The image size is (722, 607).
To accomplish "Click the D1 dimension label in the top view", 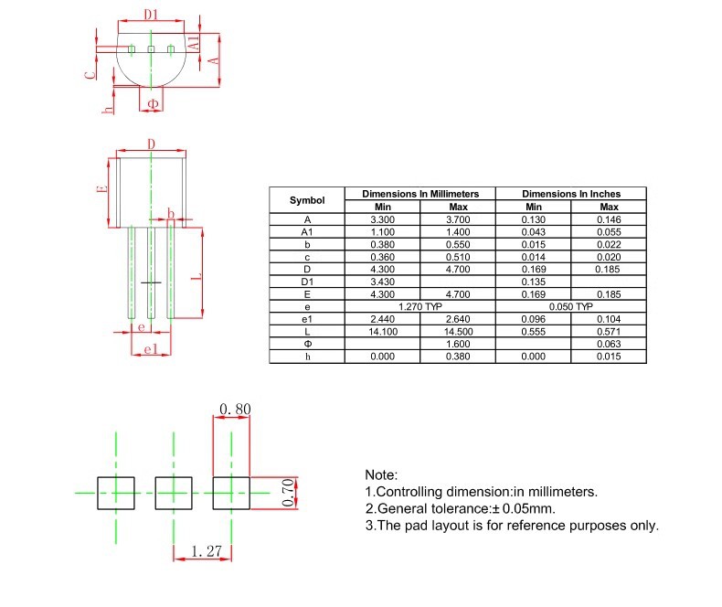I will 151,15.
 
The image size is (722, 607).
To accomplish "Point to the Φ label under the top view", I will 153,105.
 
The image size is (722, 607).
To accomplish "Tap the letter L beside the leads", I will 195,273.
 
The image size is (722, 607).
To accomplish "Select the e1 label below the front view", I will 152,350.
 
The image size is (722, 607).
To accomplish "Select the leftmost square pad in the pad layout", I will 116,493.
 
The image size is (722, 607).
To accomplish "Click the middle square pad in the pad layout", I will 174,493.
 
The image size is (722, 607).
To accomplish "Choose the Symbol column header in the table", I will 307,200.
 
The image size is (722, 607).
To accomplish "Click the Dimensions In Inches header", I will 570,194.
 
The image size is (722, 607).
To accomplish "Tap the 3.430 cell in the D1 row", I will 382,282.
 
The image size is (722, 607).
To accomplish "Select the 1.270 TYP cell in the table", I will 419,306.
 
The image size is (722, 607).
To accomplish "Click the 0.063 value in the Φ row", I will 609,343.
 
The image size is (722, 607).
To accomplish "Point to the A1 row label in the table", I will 307,232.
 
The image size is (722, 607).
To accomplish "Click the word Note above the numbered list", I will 381,475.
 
